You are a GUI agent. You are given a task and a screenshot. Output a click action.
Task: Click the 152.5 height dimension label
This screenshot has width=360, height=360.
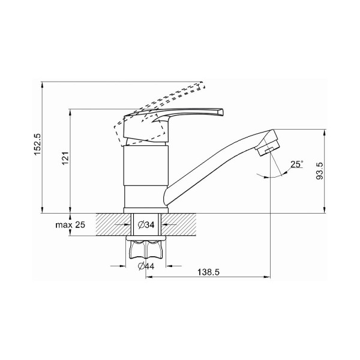pyautogui.click(x=37, y=145)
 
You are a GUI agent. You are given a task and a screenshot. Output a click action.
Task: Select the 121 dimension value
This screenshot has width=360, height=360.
pyautogui.click(x=65, y=158)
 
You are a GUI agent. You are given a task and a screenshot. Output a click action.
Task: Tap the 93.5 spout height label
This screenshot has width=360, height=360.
pyautogui.click(x=319, y=171)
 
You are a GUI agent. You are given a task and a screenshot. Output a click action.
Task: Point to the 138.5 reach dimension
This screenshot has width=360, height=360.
pyautogui.click(x=208, y=272)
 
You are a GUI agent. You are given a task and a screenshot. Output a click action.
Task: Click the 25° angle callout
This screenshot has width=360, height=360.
pyautogui.click(x=296, y=164)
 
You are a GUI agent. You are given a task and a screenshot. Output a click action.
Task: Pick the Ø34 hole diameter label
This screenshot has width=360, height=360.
pyautogui.click(x=146, y=224)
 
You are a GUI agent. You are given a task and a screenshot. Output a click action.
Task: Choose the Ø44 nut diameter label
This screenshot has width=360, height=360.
pyautogui.click(x=146, y=266)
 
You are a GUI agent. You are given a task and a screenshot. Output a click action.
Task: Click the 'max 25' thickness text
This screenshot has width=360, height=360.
pyautogui.click(x=70, y=225)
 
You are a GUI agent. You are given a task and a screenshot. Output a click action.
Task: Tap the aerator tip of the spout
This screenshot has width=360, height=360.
pyautogui.click(x=268, y=143)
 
